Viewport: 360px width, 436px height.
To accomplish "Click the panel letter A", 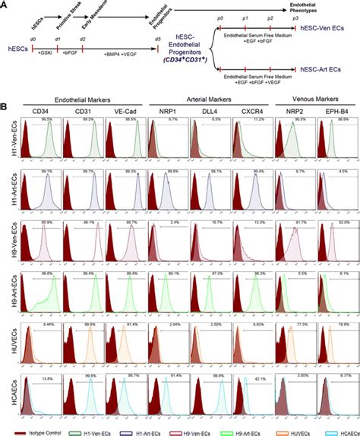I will [x=5, y=5].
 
